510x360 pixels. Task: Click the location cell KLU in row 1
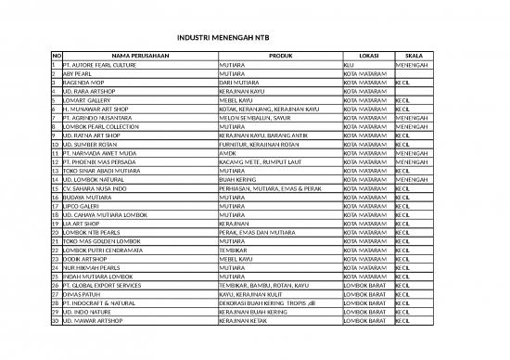point(348,65)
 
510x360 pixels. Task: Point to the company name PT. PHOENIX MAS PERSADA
point(97,162)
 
